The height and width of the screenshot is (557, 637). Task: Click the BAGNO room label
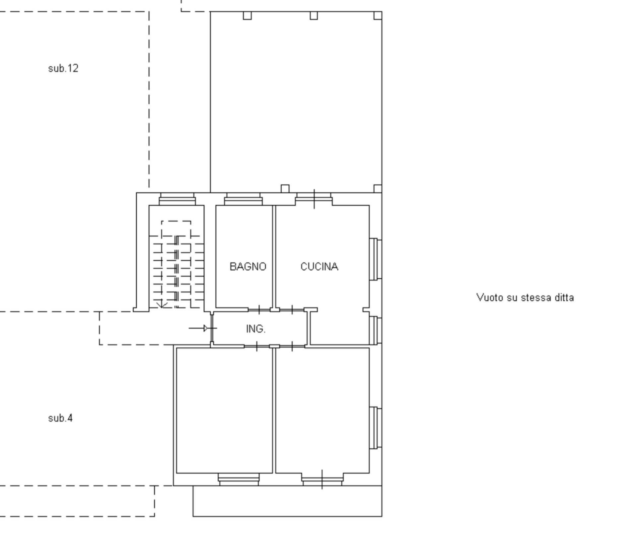pyautogui.click(x=248, y=267)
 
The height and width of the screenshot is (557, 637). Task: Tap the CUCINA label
pyautogui.click(x=319, y=267)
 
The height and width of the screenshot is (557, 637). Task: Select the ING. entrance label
pyautogui.click(x=256, y=329)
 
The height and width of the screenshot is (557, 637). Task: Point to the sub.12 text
pyautogui.click(x=63, y=68)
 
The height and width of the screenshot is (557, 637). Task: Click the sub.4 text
pyautogui.click(x=60, y=418)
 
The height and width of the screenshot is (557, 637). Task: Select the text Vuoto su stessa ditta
pyautogui.click(x=525, y=298)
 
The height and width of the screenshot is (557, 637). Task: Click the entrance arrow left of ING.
pyautogui.click(x=199, y=328)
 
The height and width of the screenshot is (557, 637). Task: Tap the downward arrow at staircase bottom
pyautogui.click(x=162, y=304)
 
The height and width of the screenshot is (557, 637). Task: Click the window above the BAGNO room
pyautogui.click(x=243, y=199)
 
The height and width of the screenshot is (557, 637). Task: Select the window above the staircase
pyautogui.click(x=177, y=199)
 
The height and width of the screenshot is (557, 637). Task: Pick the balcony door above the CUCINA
pyautogui.click(x=314, y=199)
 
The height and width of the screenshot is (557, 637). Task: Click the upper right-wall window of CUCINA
pyautogui.click(x=375, y=259)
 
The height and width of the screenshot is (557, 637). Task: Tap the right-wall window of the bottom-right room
pyautogui.click(x=375, y=428)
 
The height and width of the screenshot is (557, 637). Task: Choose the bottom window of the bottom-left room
pyautogui.click(x=239, y=479)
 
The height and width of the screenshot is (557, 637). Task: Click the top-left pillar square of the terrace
pyautogui.click(x=247, y=16)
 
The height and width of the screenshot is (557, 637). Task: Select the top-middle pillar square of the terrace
pyautogui.click(x=314, y=16)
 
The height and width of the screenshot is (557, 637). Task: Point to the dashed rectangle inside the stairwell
pyautogui.click(x=176, y=229)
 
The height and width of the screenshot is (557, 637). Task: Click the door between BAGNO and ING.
pyautogui.click(x=259, y=310)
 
